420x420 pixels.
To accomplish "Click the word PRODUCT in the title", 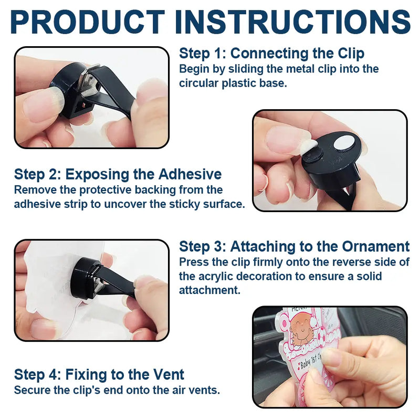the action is (87, 22).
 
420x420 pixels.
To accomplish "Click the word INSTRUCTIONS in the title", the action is (293, 22).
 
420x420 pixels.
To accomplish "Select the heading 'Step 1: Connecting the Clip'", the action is (271, 54).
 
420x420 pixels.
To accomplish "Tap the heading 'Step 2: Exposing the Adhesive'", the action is (118, 174).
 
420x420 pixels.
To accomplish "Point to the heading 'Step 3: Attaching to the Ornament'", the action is (295, 246).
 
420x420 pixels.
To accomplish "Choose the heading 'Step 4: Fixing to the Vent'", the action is (99, 374).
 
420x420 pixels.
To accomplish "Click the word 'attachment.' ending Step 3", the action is (209, 290).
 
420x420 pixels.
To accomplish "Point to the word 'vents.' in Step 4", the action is (204, 390).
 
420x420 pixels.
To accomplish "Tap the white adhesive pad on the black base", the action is (344, 142).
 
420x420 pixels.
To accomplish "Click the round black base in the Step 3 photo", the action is (83, 278).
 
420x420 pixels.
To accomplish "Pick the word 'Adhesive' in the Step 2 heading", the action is (190, 174).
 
